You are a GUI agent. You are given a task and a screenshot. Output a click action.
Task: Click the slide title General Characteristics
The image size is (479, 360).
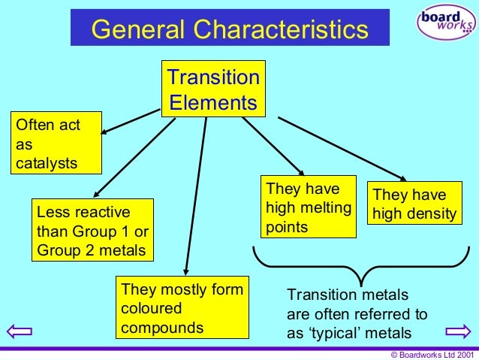(230, 29)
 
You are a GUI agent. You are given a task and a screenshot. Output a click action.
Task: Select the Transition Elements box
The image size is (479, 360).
(213, 89)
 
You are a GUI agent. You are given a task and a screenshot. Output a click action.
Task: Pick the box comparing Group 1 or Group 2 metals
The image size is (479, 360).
(92, 230)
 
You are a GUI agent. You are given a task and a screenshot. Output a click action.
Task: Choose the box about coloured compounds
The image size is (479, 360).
(182, 308)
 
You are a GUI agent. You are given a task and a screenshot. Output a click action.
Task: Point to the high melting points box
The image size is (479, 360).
(307, 207)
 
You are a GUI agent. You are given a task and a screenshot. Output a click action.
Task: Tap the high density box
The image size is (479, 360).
(414, 204)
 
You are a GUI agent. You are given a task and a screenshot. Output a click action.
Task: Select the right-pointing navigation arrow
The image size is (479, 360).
(457, 331)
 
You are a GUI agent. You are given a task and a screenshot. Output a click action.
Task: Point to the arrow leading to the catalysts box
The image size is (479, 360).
(131, 122)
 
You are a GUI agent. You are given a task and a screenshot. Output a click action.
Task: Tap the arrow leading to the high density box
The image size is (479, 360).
(342, 149)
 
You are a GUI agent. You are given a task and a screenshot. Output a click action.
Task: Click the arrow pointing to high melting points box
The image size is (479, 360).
(273, 146)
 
